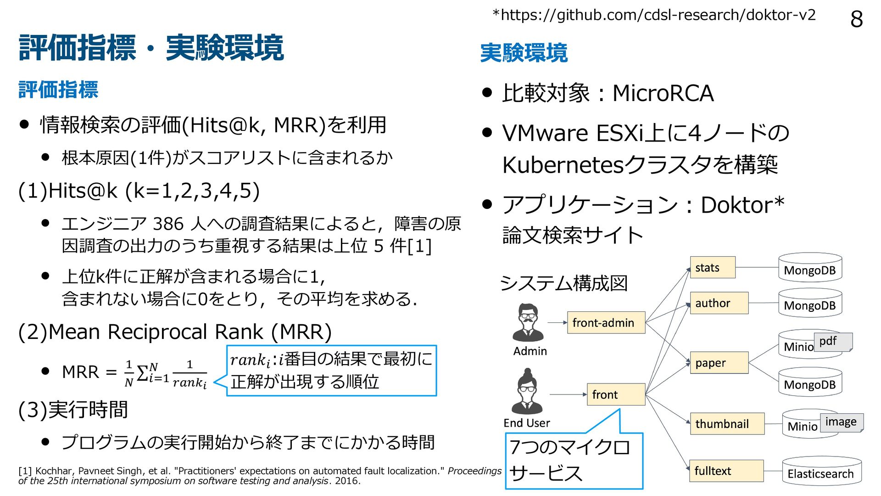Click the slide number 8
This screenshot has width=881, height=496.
click(856, 19)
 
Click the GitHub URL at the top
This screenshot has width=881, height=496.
click(654, 15)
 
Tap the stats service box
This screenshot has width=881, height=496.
click(712, 268)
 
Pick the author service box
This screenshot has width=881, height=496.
click(719, 303)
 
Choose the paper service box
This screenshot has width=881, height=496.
click(719, 363)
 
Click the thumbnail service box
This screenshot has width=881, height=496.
click(727, 423)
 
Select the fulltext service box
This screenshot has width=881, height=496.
click(726, 471)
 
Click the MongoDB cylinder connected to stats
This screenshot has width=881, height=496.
click(810, 268)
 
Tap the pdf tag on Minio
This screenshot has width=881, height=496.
click(832, 342)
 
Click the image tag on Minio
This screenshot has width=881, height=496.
click(841, 422)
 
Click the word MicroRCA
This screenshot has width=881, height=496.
click(663, 93)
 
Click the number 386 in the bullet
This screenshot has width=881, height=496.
click(168, 224)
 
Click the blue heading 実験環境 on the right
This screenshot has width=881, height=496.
click(524, 53)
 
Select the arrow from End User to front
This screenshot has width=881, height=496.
click(568, 395)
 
